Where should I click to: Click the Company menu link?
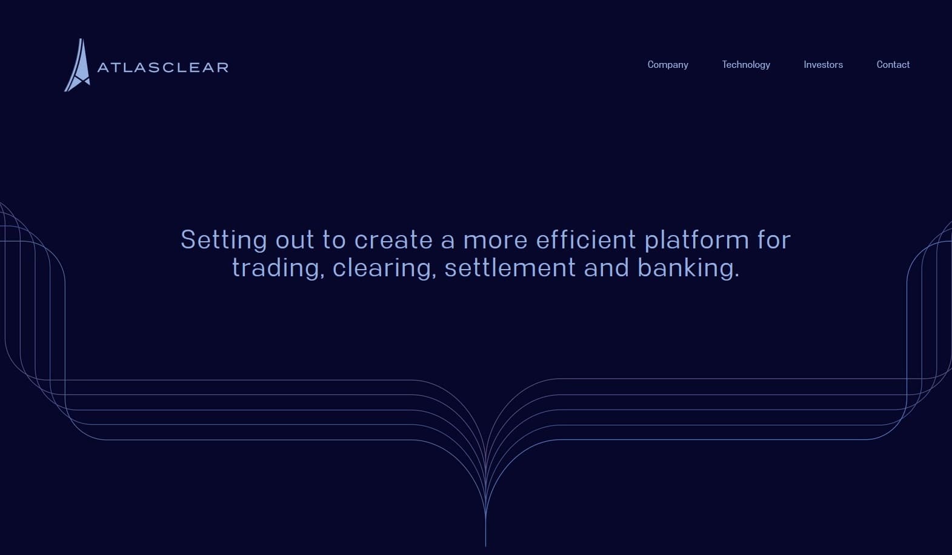click(668, 65)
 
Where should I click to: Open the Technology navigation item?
click(746, 65)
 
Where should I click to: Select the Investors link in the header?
click(823, 65)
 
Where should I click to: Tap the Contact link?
click(893, 65)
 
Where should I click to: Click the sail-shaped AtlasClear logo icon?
click(78, 67)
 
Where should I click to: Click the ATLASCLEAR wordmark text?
click(163, 67)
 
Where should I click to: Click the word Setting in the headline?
click(224, 240)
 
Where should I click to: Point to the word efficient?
click(586, 240)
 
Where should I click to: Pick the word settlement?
click(510, 268)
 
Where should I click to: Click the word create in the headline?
click(393, 240)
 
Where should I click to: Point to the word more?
click(495, 241)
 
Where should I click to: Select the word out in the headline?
click(295, 241)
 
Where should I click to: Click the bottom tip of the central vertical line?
click(485, 545)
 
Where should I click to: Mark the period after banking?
click(736, 276)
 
